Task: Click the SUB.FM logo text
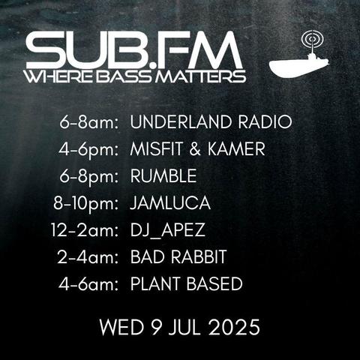pyautogui.click(x=134, y=50)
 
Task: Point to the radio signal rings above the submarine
pyautogui.click(x=313, y=39)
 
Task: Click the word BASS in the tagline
pyautogui.click(x=124, y=76)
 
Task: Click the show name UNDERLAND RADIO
pyautogui.click(x=211, y=122)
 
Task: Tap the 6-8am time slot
pyautogui.click(x=88, y=122)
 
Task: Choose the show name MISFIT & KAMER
pyautogui.click(x=197, y=148)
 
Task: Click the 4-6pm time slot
pyautogui.click(x=88, y=150)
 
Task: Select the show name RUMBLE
pyautogui.click(x=163, y=175)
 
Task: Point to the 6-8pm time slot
pyautogui.click(x=88, y=177)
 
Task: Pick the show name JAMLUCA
pyautogui.click(x=170, y=202)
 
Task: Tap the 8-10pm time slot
pyautogui.click(x=85, y=204)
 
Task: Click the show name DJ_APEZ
pyautogui.click(x=168, y=230)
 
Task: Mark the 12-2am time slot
pyautogui.click(x=85, y=230)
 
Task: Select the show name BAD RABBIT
pyautogui.click(x=178, y=256)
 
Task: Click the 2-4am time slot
pyautogui.click(x=88, y=256)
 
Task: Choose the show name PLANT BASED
pyautogui.click(x=187, y=283)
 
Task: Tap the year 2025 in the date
pyautogui.click(x=234, y=327)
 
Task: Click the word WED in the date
pyautogui.click(x=121, y=327)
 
